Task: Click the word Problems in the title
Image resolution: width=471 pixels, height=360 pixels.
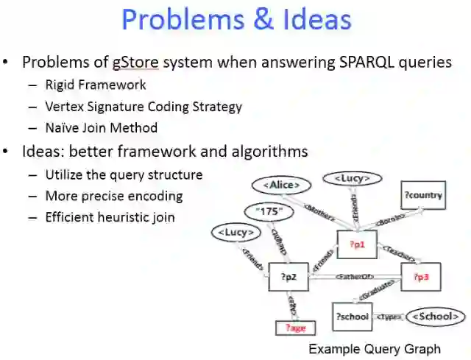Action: click(180, 20)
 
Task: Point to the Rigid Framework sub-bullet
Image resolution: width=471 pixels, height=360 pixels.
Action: click(95, 85)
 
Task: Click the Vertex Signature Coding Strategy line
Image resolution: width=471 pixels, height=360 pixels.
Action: click(144, 106)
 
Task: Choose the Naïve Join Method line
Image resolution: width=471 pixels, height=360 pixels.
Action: click(101, 127)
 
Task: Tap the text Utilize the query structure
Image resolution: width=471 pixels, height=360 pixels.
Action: click(124, 174)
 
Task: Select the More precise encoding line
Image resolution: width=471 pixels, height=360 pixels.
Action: click(114, 196)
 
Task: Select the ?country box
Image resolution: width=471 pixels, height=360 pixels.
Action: click(423, 195)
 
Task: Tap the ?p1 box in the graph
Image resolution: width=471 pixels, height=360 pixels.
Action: click(356, 244)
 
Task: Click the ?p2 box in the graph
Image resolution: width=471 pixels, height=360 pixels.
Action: click(288, 277)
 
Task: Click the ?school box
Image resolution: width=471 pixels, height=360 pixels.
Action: click(352, 317)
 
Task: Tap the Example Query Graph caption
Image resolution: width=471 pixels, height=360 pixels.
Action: click(374, 348)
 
